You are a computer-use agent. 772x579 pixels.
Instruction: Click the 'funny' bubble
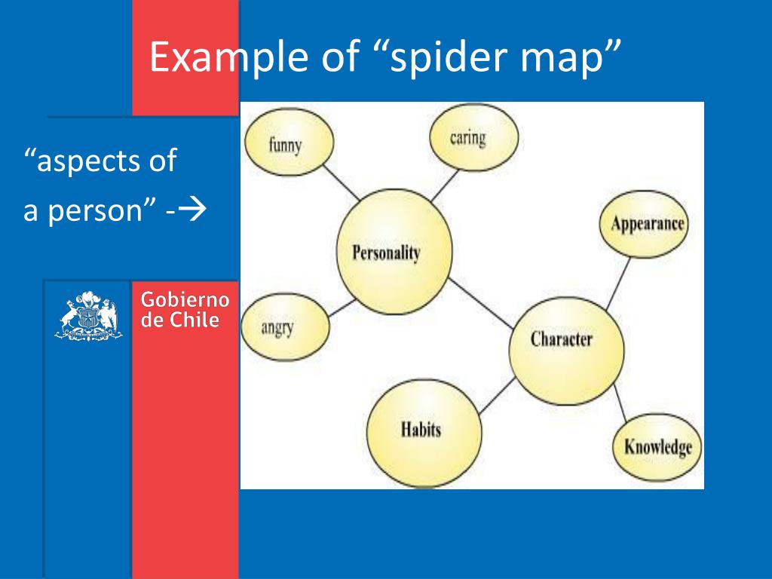(284, 143)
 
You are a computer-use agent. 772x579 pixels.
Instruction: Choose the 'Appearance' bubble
(646, 224)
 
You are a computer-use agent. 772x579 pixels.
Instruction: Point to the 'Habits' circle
(422, 430)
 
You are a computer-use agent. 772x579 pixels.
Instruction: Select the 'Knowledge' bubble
(657, 446)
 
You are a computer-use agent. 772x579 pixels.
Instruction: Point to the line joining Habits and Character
(494, 397)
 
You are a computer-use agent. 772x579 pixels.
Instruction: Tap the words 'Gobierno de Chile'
(185, 310)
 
